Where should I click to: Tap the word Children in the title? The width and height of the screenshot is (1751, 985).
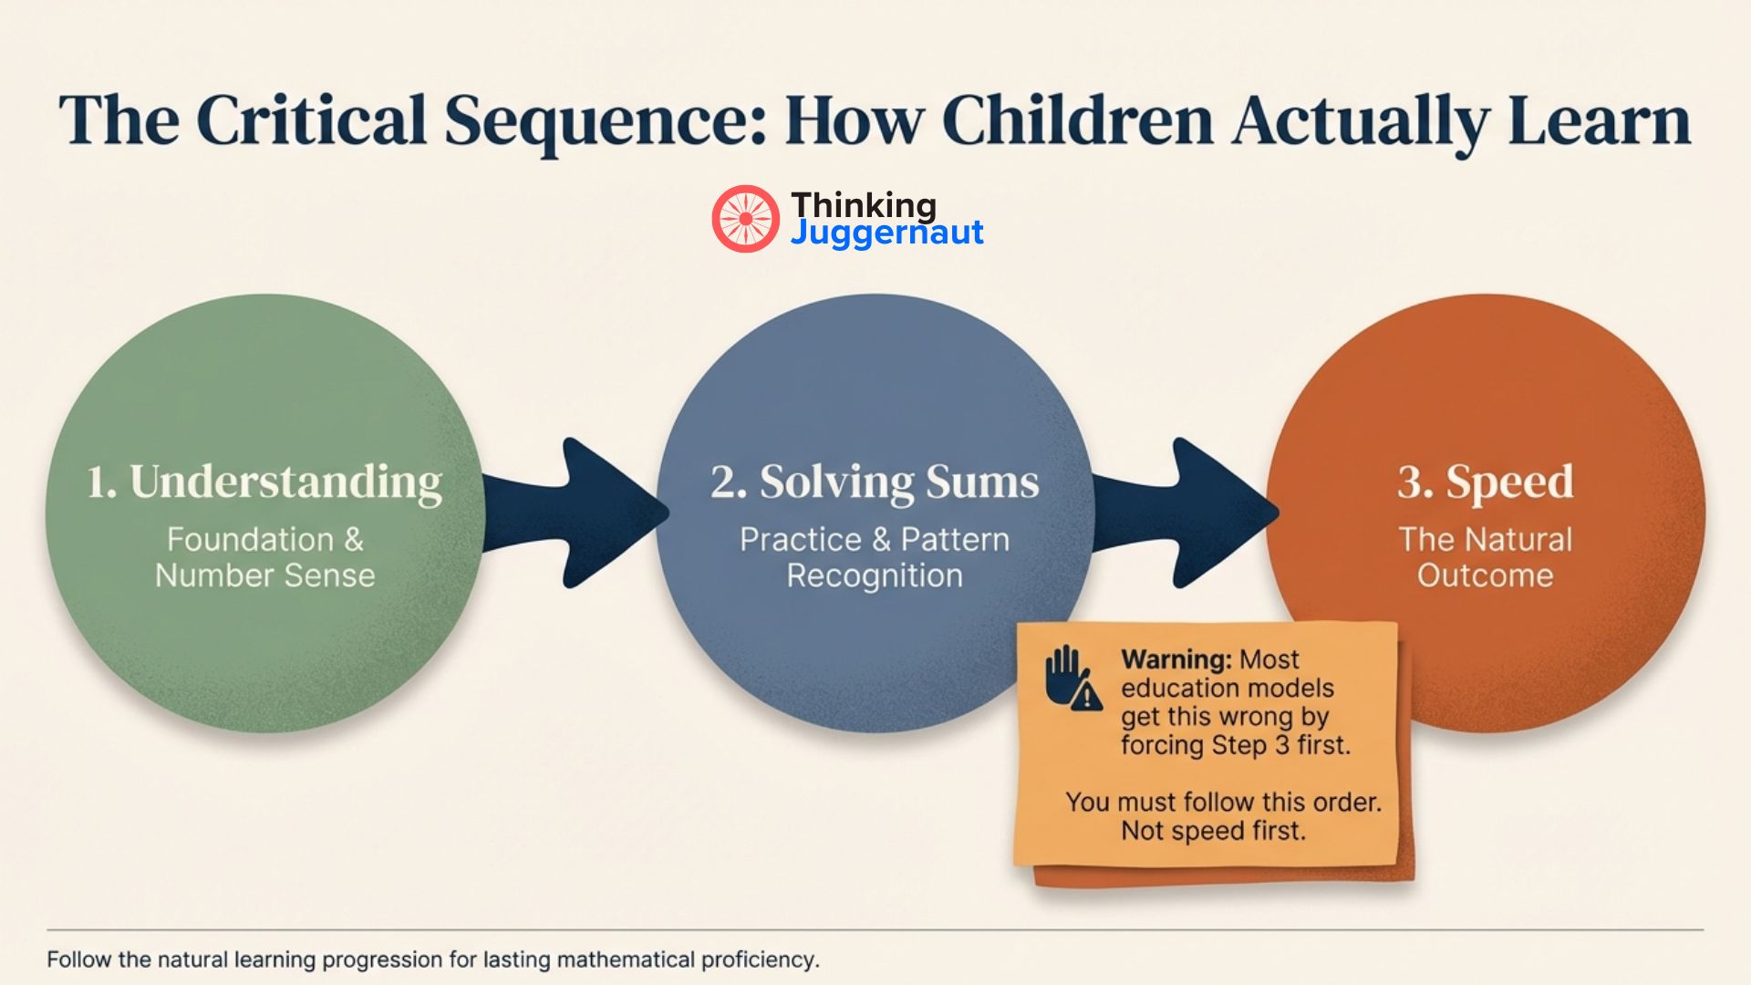point(1077,121)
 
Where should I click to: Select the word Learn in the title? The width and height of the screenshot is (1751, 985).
point(1599,121)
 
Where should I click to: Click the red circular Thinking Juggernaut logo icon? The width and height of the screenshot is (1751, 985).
point(745,219)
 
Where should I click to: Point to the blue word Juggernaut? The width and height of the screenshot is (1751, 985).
point(886,233)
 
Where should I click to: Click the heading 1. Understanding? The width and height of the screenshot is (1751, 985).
point(264,482)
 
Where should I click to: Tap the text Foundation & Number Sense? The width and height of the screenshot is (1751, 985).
point(264,557)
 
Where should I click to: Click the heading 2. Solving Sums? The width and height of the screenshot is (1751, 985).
point(875,482)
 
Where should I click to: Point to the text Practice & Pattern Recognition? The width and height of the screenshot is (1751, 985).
point(875,557)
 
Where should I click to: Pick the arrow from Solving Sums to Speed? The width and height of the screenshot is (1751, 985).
point(1186,513)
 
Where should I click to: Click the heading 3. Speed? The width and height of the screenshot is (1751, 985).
point(1485,482)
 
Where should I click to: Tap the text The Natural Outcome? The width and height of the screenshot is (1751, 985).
point(1485,557)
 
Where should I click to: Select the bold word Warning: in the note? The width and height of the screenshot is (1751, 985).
point(1176,659)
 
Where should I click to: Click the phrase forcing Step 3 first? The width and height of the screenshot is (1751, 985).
point(1235,745)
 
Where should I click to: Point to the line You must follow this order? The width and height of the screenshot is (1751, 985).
point(1223,803)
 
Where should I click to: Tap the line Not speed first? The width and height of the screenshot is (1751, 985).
point(1213,831)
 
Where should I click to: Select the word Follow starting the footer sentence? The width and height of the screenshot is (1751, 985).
point(79,959)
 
